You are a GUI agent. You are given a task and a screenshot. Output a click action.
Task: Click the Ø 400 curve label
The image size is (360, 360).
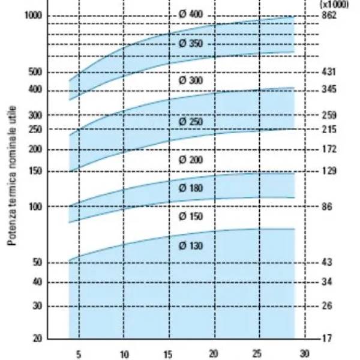pos(191,14)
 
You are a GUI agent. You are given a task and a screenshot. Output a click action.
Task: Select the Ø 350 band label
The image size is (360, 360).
pos(191,44)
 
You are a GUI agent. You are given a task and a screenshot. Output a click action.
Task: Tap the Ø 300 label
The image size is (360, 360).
pos(191,80)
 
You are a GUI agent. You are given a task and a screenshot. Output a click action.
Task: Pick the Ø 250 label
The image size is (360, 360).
pos(191,122)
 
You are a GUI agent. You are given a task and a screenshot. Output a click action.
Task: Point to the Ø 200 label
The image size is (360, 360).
pos(191,160)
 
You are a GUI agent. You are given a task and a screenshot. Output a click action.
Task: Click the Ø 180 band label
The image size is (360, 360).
pos(191,188)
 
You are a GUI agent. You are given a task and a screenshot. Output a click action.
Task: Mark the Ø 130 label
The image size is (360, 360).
pos(191,245)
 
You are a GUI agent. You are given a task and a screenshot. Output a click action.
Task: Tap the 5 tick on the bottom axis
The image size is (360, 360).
pos(78,353)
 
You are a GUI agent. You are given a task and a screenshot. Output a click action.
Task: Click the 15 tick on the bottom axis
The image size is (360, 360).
pos(169,353)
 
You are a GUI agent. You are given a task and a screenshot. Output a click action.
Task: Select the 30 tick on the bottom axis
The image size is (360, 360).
pos(304,353)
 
